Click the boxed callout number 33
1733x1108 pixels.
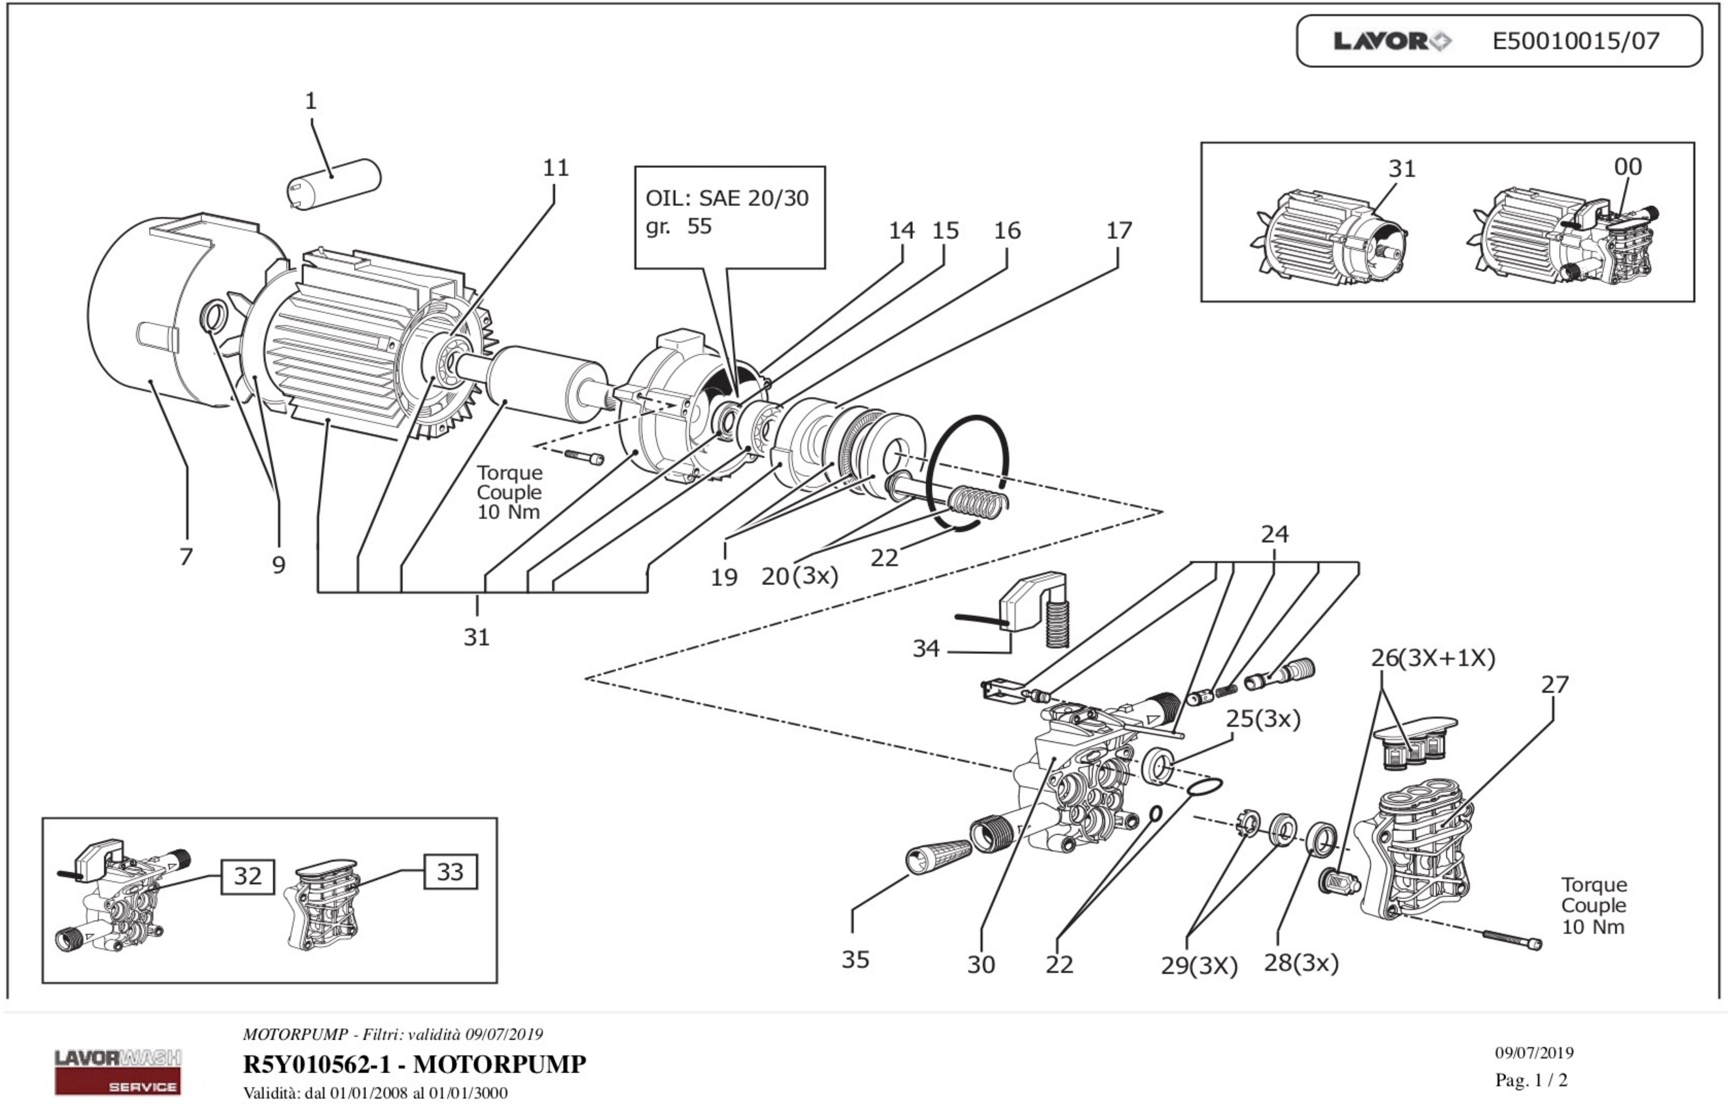tap(450, 871)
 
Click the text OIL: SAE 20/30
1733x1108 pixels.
tap(727, 198)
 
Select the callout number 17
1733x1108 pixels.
tap(1118, 230)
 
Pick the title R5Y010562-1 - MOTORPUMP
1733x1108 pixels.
tap(415, 1063)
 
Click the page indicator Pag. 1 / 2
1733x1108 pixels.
tap(1531, 1080)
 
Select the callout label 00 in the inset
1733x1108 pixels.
tap(1627, 167)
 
